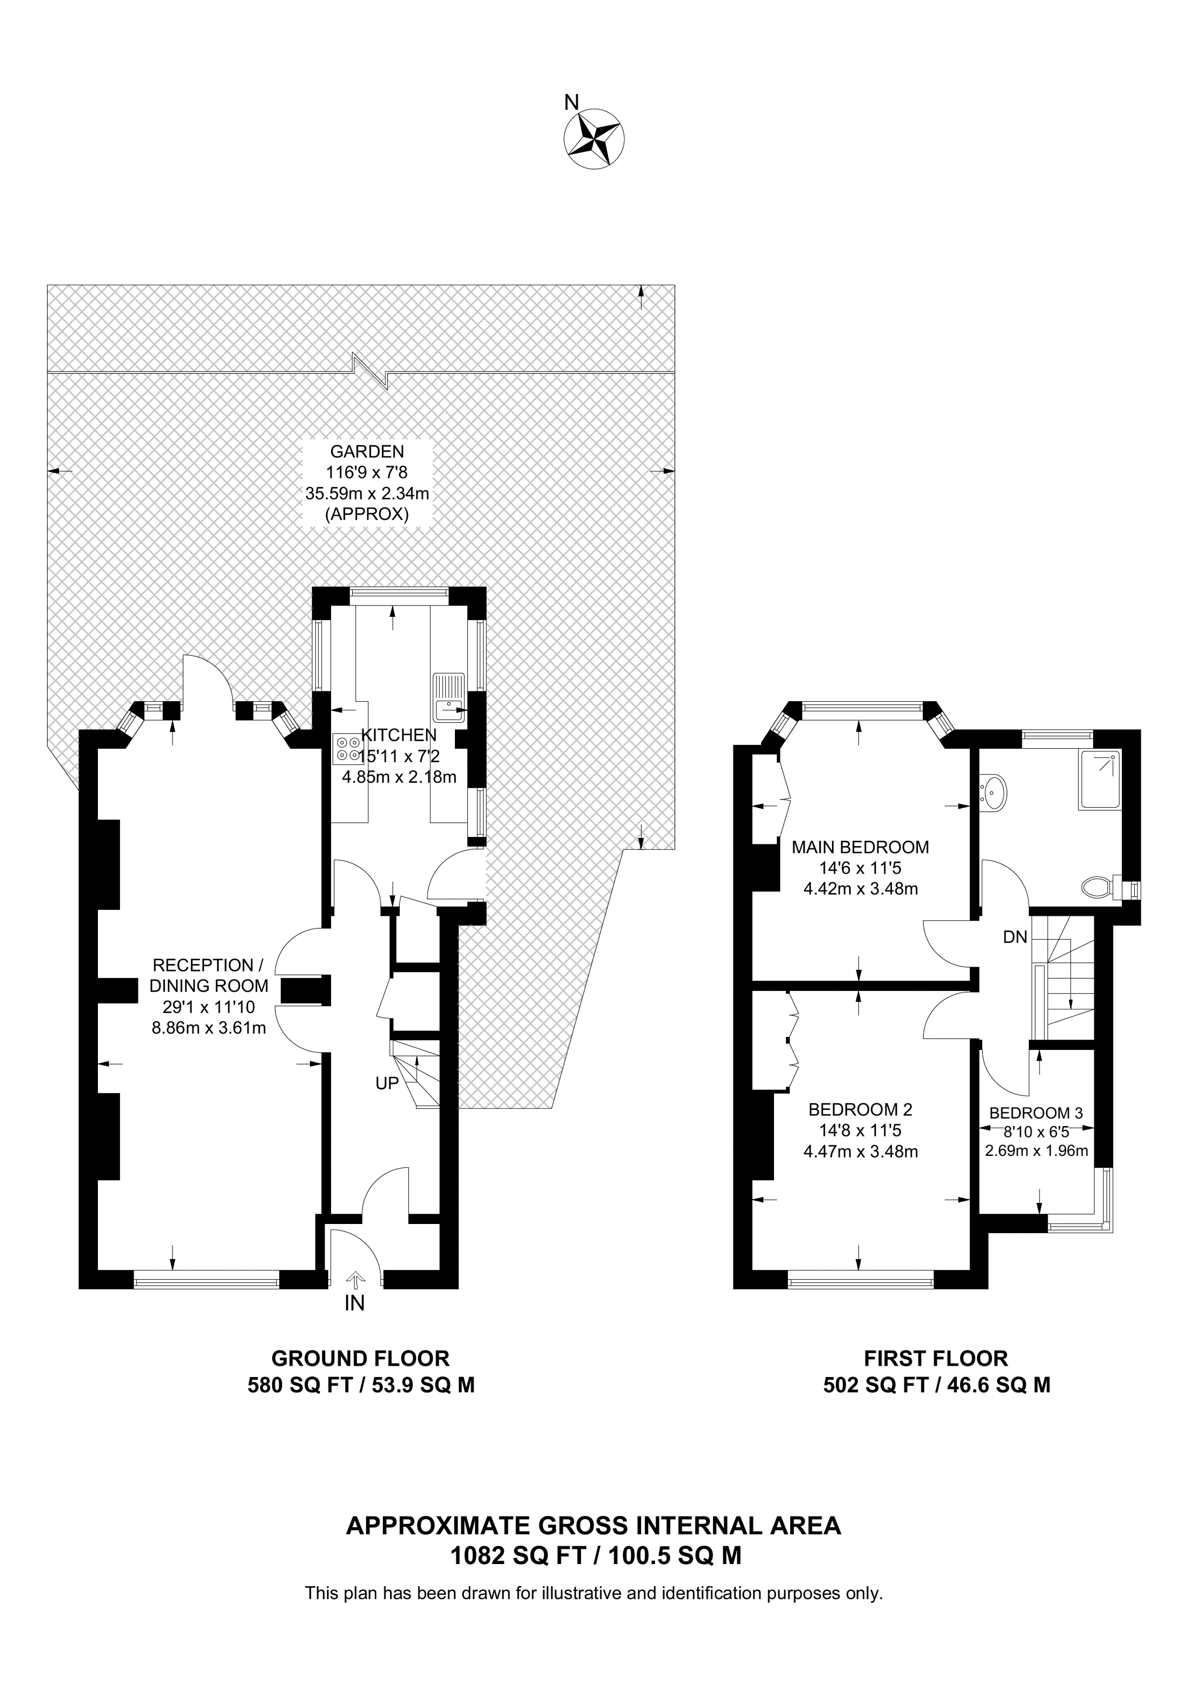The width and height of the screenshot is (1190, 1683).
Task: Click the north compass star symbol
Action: (x=594, y=139)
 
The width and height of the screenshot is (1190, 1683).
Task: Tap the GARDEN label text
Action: (x=367, y=451)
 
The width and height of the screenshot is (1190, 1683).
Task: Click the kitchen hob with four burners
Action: (x=348, y=748)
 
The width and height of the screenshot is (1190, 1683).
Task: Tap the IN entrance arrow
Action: (x=355, y=1280)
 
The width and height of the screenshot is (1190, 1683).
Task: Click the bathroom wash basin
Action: (x=995, y=793)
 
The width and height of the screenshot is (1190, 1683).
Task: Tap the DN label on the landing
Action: (x=1015, y=937)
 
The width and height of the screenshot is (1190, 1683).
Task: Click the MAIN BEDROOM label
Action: (x=860, y=847)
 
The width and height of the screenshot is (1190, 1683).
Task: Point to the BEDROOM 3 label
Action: (x=1035, y=1113)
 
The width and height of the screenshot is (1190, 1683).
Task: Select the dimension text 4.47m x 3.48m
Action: (x=860, y=1152)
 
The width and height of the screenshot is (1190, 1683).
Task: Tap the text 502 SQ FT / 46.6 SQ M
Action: (x=936, y=1385)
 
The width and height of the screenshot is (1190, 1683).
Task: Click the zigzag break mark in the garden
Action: (x=371, y=370)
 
